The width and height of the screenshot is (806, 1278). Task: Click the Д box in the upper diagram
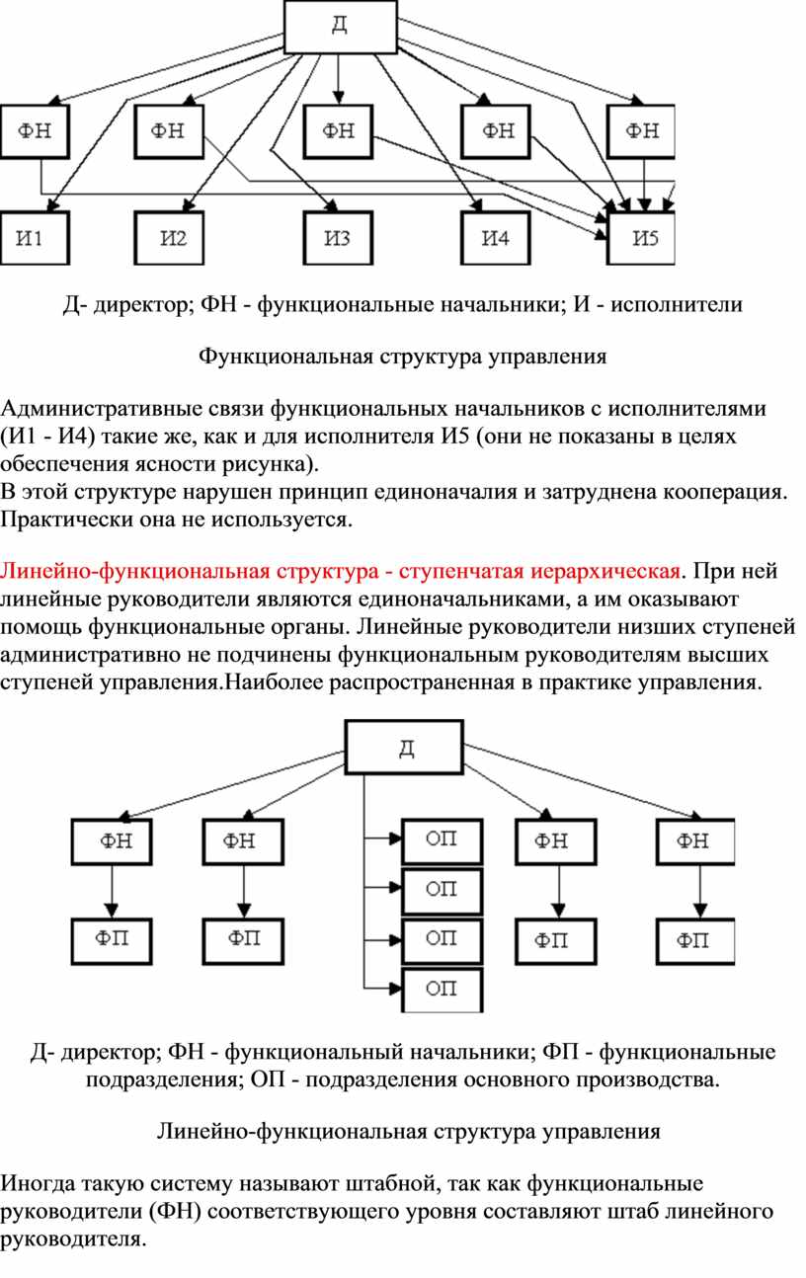coord(341,27)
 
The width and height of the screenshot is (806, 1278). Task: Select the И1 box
coord(35,238)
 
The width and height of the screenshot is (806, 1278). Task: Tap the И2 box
coord(170,238)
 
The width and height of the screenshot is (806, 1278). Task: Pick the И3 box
coord(338,238)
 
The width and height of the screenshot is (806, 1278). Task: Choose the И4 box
coord(496,238)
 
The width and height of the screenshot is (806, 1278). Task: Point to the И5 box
coord(641,238)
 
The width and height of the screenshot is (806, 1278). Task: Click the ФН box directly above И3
coord(338,131)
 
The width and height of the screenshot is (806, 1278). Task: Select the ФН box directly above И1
coord(35,131)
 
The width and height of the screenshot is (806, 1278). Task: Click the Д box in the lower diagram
coord(404,747)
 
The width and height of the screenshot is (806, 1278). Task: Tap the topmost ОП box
coord(443,841)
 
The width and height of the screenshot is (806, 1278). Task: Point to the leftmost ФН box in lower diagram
coord(112,842)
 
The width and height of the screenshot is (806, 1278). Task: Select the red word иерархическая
coord(605,572)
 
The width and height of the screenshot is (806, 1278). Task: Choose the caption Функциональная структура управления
coord(403,357)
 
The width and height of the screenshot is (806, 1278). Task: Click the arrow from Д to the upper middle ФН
coord(339,80)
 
